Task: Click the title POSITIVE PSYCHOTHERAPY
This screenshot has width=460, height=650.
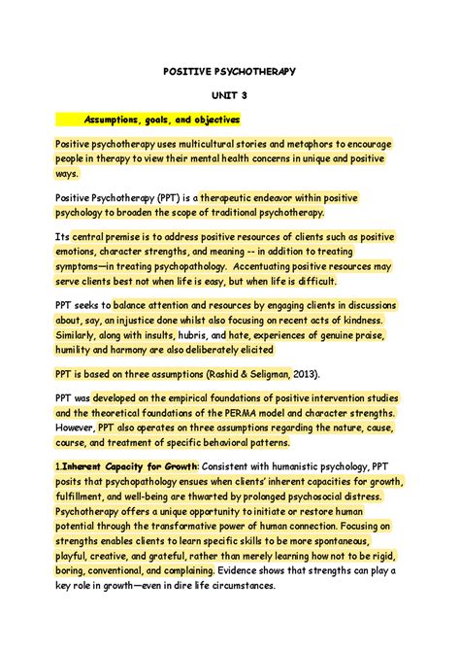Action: coord(230,71)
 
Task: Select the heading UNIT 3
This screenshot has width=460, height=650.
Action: coord(230,95)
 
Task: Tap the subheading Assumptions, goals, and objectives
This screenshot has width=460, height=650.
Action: coord(161,120)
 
